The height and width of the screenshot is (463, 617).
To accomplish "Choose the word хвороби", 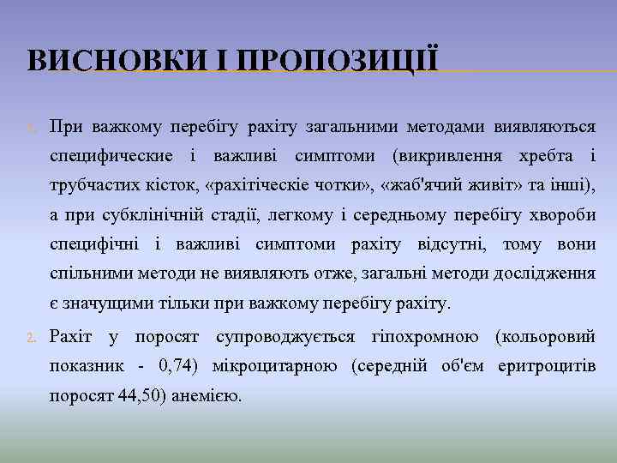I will tap(563, 215).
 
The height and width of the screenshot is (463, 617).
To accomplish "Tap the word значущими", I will tap(105, 304).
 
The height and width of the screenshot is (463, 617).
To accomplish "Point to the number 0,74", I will tap(177, 366).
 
